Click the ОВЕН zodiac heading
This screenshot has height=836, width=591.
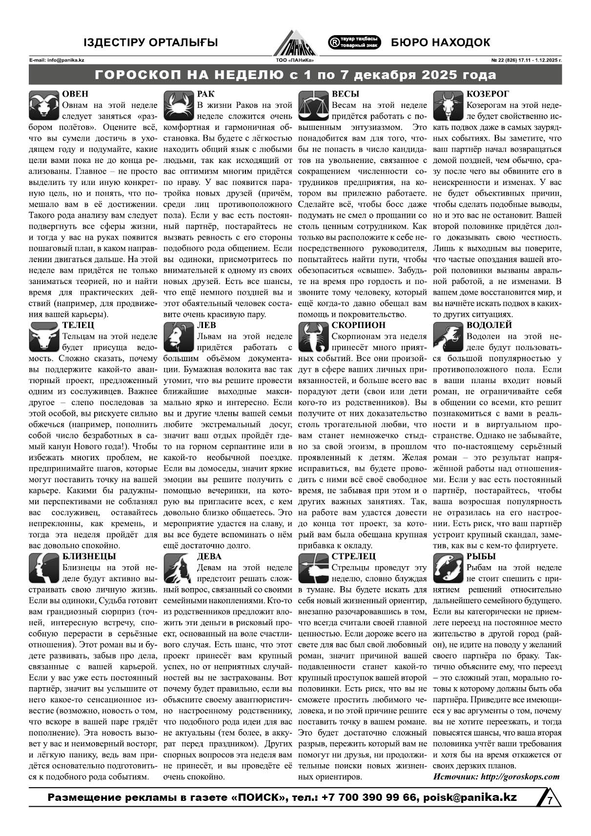pyautogui.click(x=75, y=94)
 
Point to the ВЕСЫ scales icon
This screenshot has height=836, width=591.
pyautogui.click(x=313, y=105)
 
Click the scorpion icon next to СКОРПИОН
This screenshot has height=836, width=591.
pyautogui.click(x=313, y=337)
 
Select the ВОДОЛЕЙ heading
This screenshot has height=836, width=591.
pyautogui.click(x=489, y=325)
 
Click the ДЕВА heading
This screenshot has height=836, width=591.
pyautogui.click(x=209, y=556)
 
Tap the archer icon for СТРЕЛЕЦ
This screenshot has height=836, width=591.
pyautogui.click(x=313, y=568)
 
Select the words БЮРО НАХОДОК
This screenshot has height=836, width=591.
pyautogui.click(x=440, y=42)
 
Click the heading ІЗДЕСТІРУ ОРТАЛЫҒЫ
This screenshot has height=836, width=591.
pyautogui.click(x=150, y=42)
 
